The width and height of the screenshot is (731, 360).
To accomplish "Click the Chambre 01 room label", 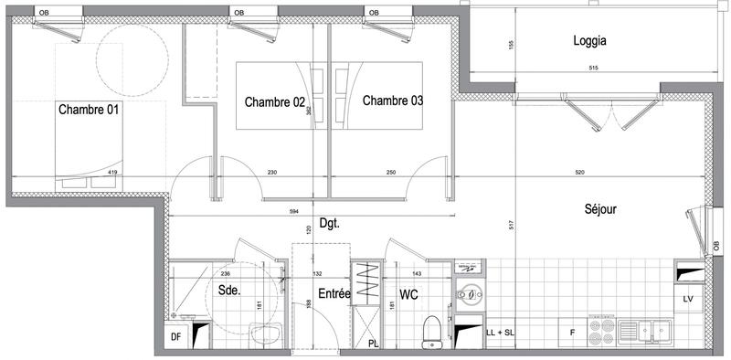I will pyautogui.click(x=90, y=110).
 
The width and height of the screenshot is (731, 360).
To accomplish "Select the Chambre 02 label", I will pyautogui.click(x=274, y=101).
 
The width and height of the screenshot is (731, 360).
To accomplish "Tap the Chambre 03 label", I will pyautogui.click(x=393, y=101).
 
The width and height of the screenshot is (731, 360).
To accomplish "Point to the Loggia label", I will pyautogui.click(x=590, y=41).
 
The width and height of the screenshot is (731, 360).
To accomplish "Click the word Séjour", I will pyautogui.click(x=600, y=209).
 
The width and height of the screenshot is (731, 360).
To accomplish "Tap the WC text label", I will pyautogui.click(x=408, y=294).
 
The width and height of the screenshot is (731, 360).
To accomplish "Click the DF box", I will pyautogui.click(x=177, y=336).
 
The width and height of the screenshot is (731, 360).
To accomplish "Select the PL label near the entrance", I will pyautogui.click(x=374, y=344).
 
